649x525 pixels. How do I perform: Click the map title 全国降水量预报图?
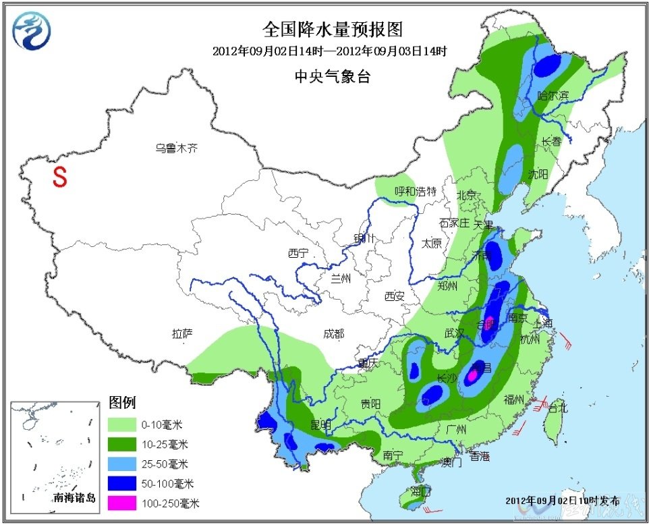(332, 30)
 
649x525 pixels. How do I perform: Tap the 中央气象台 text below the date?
(332, 77)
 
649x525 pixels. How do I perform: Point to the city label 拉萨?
(182, 333)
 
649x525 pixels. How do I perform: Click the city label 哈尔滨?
(553, 96)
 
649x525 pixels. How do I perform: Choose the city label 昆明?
(321, 424)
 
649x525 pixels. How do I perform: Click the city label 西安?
(394, 296)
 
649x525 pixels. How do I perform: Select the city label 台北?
(558, 408)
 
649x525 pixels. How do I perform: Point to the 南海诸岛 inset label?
(75, 499)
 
